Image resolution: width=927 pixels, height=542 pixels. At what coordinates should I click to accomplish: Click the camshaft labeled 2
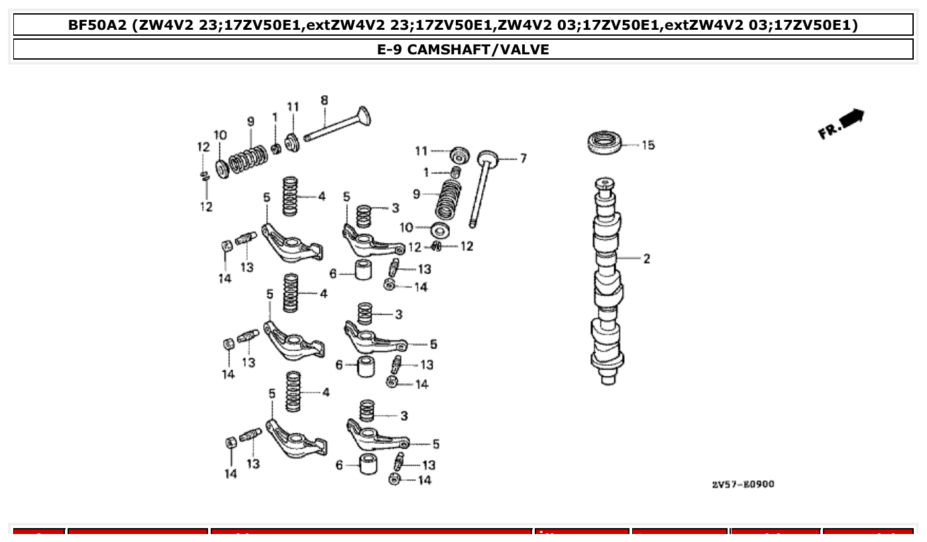pos(608,278)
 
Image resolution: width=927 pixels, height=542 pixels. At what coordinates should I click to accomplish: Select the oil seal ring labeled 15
pos(605,142)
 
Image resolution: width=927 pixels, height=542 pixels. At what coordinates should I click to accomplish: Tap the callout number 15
pos(647,145)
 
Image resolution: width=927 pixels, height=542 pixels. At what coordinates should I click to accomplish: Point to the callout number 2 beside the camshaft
pos(646,259)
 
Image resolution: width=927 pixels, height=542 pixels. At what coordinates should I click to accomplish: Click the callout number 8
pos(324,101)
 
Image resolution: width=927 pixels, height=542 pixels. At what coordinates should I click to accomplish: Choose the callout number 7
pos(523,158)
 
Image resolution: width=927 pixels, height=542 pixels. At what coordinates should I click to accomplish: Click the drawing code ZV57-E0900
pos(743,484)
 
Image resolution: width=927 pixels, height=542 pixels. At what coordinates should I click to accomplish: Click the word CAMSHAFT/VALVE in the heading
pos(478,50)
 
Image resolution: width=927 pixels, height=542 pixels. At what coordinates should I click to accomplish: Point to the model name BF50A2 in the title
pos(99,26)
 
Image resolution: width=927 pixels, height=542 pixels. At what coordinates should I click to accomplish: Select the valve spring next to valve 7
pos(449,198)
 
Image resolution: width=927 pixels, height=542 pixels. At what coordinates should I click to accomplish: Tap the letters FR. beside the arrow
pos(829,129)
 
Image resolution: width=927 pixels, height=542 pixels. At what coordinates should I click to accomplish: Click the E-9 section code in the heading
pos(390,50)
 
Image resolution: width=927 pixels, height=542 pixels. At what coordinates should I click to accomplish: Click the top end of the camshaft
pos(604,182)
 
